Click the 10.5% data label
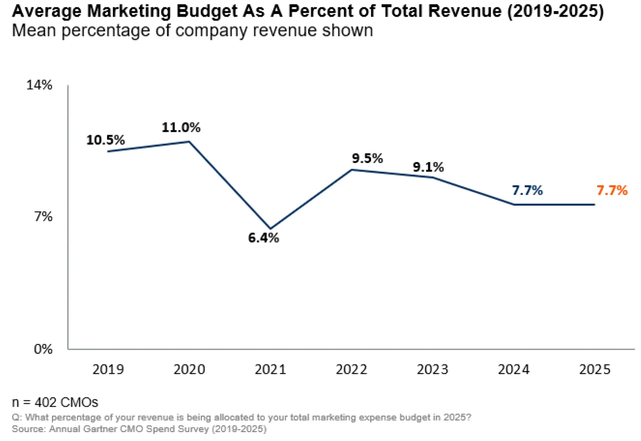pyautogui.click(x=105, y=140)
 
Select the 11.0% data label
pyautogui.click(x=181, y=127)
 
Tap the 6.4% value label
pyautogui.click(x=263, y=238)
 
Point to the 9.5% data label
pyautogui.click(x=367, y=158)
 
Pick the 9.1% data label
pyautogui.click(x=428, y=167)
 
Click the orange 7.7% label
pyautogui.click(x=612, y=190)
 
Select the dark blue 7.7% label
pyautogui.click(x=527, y=190)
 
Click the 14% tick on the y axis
pyautogui.click(x=39, y=85)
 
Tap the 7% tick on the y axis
pyautogui.click(x=43, y=216)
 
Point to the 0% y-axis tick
pyautogui.click(x=43, y=349)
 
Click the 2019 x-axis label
pyautogui.click(x=108, y=369)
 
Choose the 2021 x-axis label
pyautogui.click(x=270, y=369)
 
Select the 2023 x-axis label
pyautogui.click(x=433, y=369)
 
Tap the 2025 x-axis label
pyautogui.click(x=595, y=369)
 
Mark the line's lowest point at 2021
pyautogui.click(x=270, y=229)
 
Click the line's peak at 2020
pyautogui.click(x=189, y=142)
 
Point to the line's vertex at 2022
pyautogui.click(x=352, y=170)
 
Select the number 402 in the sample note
pyautogui.click(x=46, y=402)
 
